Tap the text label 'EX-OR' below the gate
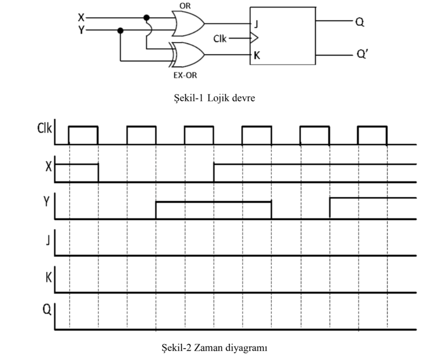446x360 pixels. tap(185, 75)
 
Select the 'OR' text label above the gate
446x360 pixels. tap(185, 6)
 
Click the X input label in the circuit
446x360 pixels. tap(81, 17)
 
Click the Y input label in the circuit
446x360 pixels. tap(81, 30)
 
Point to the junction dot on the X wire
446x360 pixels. tap(147, 17)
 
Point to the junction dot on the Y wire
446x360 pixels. tap(120, 31)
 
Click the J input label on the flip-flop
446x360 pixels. tap(256, 24)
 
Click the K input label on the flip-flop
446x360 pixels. tap(257, 55)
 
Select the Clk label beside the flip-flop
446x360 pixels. tap(220, 38)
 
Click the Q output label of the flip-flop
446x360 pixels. tap(359, 22)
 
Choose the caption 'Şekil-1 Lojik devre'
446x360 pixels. tap(214, 98)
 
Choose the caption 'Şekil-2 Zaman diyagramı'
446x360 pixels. tap(214, 348)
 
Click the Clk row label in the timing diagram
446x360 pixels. tap(44, 128)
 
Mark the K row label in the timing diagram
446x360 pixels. tap(48, 278)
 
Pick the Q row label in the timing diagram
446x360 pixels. tap(47, 309)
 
